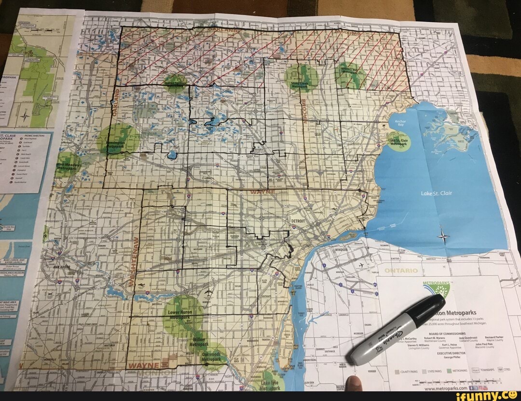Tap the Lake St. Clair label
(437, 193)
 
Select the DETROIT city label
(298, 220)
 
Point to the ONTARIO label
(400, 271)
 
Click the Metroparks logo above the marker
(437, 289)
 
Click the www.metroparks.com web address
(445, 387)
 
